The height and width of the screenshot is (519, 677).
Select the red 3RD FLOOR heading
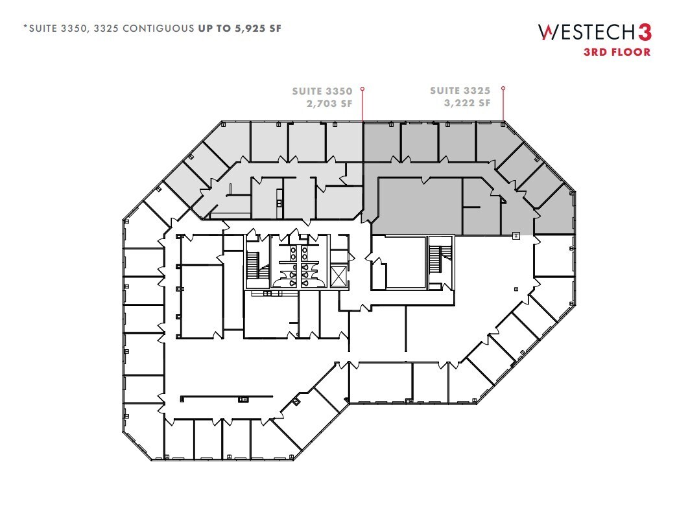pos(617,52)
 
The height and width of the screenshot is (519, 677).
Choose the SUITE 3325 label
pos(460,91)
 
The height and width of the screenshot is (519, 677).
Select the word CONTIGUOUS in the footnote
pos(161,29)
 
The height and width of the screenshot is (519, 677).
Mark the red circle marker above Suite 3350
pos(362,89)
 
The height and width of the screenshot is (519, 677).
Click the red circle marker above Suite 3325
pos(503,89)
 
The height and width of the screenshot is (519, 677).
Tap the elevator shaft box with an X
pos(338,277)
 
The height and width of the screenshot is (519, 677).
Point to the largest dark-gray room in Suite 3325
pos(419,207)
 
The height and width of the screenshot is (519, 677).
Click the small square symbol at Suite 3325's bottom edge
pos(516,235)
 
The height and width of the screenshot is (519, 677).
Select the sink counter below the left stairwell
pos(267,294)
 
